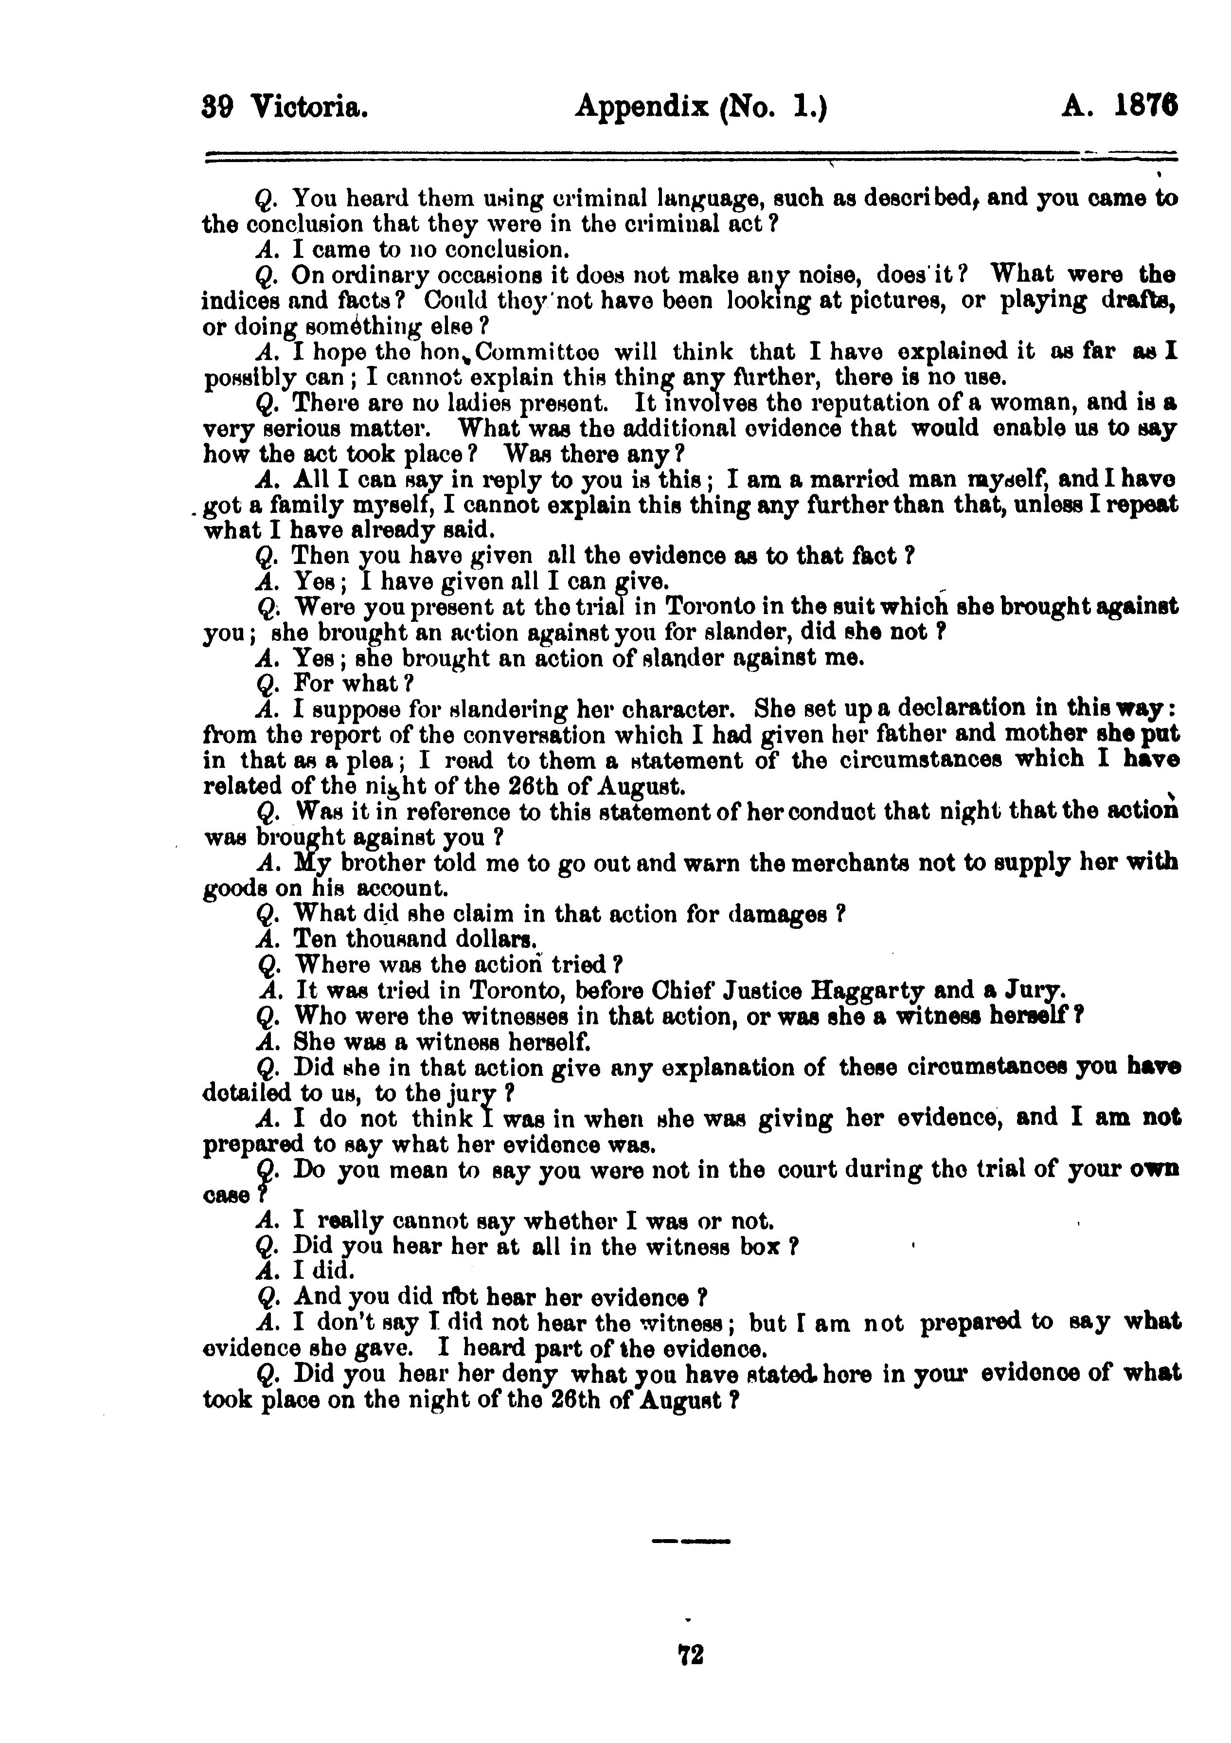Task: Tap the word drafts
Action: [x=1136, y=301]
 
